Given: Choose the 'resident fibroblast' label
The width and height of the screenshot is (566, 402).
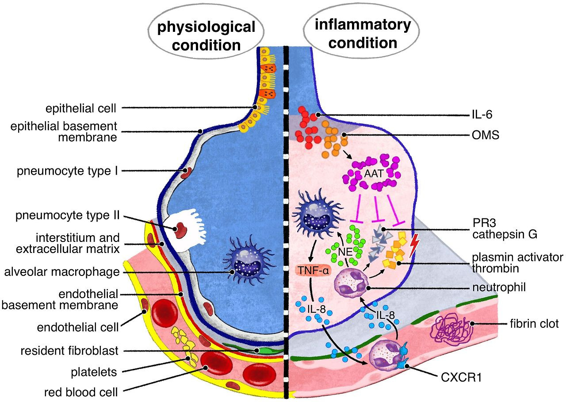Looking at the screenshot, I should (69, 351).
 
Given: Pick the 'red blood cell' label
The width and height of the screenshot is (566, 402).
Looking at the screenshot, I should (80, 392).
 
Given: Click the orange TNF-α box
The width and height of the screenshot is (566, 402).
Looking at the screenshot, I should (310, 270).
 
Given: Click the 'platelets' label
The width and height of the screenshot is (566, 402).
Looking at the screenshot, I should (94, 372).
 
